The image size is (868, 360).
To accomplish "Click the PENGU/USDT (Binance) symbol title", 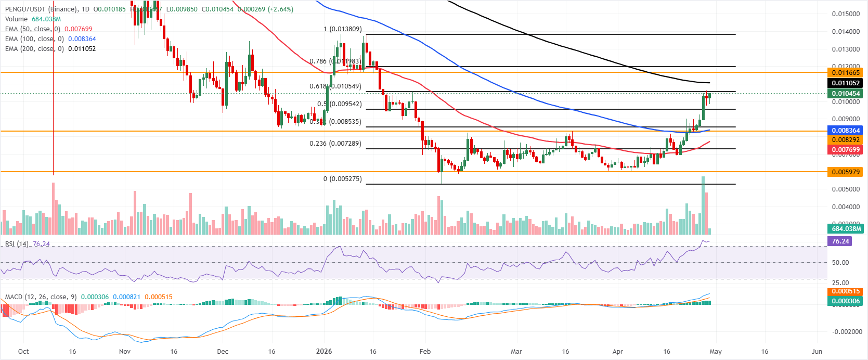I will click(42, 9).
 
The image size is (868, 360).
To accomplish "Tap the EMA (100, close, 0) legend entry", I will click(34, 39).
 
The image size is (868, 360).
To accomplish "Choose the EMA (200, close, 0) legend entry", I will click(34, 49).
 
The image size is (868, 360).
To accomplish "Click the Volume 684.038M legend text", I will click(33, 19).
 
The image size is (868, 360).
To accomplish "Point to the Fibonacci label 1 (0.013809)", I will click(342, 29).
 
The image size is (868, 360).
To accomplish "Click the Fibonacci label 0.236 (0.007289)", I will click(335, 144).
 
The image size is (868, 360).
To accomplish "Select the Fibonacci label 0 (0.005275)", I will click(342, 179).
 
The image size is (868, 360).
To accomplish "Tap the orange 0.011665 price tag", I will click(846, 73).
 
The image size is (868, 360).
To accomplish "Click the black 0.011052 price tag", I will click(846, 83).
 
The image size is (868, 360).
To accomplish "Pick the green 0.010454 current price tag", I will click(846, 94).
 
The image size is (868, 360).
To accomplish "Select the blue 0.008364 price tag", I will click(846, 131).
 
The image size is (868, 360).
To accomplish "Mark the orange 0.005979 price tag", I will click(846, 172).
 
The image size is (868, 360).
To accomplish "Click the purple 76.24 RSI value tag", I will click(840, 241).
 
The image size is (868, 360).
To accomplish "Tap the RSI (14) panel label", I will click(17, 244).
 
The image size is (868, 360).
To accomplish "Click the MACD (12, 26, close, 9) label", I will click(41, 297).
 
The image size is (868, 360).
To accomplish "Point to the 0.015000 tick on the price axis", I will click(845, 14).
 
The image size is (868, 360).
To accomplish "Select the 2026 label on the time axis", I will click(324, 352).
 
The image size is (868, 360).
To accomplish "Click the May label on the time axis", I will click(716, 352).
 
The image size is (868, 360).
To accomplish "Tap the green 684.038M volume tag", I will click(846, 229).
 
